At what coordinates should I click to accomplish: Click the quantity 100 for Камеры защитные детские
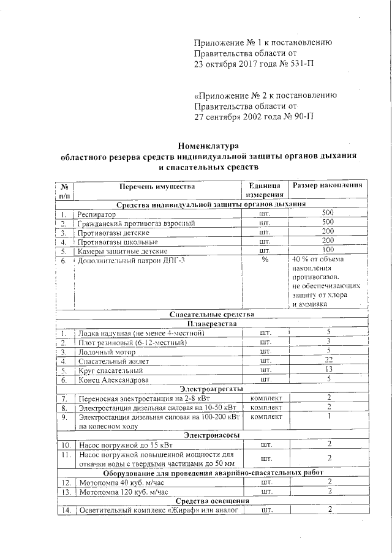coord(328,250)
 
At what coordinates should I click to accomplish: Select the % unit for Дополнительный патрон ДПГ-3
coord(265,260)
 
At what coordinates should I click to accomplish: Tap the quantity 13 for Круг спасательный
coord(328,370)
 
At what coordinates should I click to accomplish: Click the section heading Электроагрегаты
coord(211,389)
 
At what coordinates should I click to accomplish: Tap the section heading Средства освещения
coord(211,501)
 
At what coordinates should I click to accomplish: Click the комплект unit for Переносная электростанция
coord(265,399)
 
